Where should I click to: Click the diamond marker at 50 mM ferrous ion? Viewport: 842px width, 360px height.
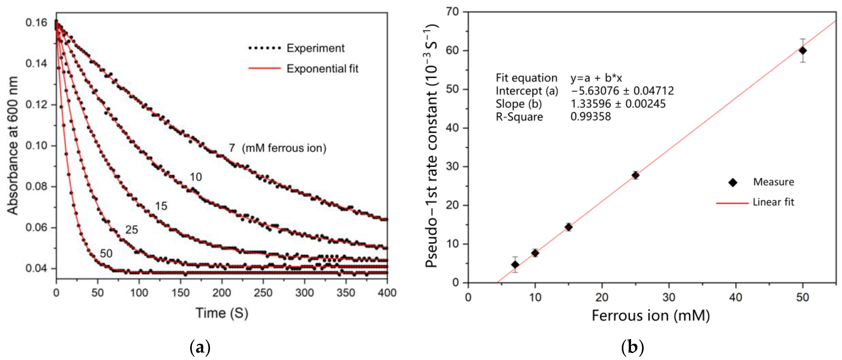tap(803, 51)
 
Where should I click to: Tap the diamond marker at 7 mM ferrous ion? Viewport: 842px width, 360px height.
tap(515, 265)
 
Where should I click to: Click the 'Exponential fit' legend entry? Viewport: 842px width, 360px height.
tap(322, 69)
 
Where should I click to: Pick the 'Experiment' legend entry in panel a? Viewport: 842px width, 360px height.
tap(315, 48)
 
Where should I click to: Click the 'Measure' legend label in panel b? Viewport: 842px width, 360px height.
tap(773, 182)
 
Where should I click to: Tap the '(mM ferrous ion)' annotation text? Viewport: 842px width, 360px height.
tap(284, 148)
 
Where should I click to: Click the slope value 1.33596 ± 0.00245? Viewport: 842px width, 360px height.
tap(618, 104)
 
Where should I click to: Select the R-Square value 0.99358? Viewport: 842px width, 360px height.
tap(590, 116)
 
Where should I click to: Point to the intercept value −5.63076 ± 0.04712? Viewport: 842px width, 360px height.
tap(622, 91)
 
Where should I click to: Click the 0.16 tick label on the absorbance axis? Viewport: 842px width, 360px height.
tap(36, 23)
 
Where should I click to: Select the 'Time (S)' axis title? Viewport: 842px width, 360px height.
tap(222, 313)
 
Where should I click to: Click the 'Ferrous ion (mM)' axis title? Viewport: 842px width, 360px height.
tap(650, 316)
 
